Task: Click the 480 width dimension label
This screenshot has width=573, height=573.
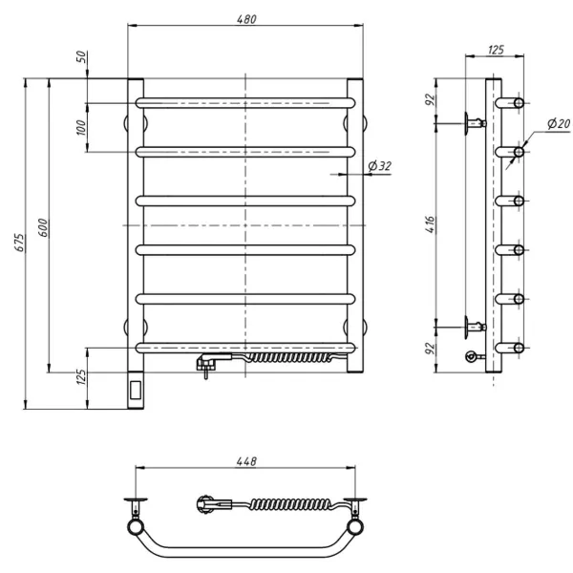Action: [246, 19]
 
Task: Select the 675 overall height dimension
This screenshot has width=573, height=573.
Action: [20, 243]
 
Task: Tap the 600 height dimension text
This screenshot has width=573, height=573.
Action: [43, 227]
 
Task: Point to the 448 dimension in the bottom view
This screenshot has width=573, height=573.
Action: [246, 461]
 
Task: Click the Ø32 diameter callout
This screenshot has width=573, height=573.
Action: [380, 166]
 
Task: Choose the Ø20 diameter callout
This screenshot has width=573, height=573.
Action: [559, 123]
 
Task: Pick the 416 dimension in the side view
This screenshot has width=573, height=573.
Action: [431, 224]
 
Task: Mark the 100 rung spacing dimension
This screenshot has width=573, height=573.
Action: [81, 127]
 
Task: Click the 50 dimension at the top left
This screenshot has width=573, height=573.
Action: [82, 56]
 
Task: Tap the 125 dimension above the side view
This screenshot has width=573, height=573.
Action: [496, 50]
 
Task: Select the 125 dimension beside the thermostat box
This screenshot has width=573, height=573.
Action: [82, 377]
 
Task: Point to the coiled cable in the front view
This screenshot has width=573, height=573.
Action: [288, 357]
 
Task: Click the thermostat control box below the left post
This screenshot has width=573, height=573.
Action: [136, 390]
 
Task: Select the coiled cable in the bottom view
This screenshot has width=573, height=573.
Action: [291, 504]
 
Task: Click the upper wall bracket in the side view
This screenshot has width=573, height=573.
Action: [475, 123]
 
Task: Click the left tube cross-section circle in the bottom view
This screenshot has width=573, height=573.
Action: [136, 527]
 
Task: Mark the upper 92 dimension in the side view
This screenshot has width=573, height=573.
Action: [431, 99]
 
